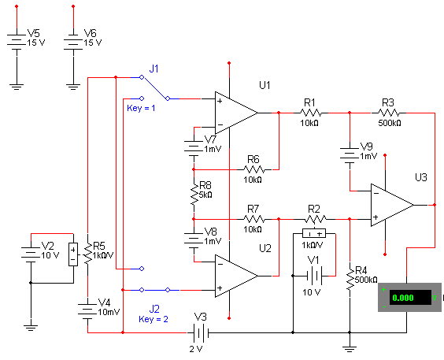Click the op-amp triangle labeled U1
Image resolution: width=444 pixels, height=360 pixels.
pos(236,113)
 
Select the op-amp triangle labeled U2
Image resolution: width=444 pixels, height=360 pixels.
pos(236,276)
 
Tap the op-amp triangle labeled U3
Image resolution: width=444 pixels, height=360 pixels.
pos(392,205)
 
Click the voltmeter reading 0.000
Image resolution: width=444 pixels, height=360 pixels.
pos(409,297)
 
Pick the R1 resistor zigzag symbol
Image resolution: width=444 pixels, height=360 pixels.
pos(311,113)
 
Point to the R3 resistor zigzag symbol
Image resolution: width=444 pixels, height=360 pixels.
pos(389,113)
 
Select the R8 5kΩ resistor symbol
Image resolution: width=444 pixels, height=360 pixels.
pos(194,195)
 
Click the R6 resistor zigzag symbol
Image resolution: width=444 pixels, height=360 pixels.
pos(254,169)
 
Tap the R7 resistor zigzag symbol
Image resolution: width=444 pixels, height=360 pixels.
pos(254,219)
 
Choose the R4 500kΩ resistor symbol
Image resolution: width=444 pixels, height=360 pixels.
pos(350,280)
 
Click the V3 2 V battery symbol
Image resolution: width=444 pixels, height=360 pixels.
pos(201,332)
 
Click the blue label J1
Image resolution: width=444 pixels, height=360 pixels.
pos(154,69)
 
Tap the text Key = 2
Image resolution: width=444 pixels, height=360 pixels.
pos(154,319)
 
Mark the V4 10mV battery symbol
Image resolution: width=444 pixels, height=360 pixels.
pos(87,311)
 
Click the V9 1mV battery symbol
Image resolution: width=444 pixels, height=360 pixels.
pos(350,155)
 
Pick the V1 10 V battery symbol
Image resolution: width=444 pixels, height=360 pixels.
pos(314,276)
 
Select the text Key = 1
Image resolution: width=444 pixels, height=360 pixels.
pos(141,108)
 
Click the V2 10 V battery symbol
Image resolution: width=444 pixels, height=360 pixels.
pos(31,254)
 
